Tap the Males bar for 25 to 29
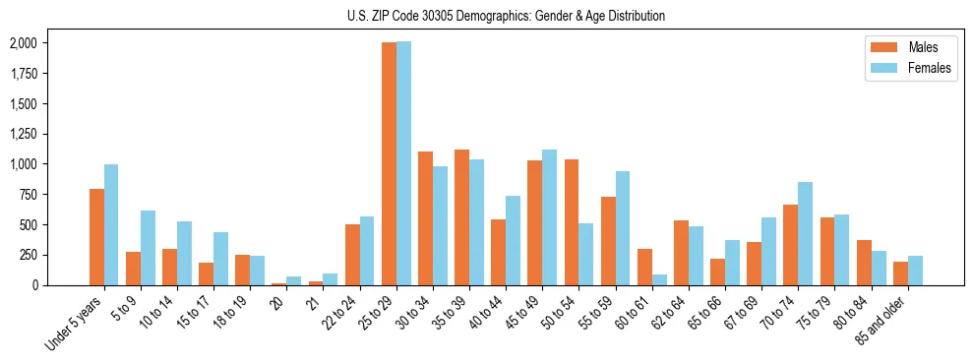(x=389, y=163)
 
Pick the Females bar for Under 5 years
(x=111, y=224)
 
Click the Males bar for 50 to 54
(x=572, y=221)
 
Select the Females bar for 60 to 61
(x=659, y=279)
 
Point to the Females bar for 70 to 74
(x=805, y=233)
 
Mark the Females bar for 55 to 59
(x=622, y=228)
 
